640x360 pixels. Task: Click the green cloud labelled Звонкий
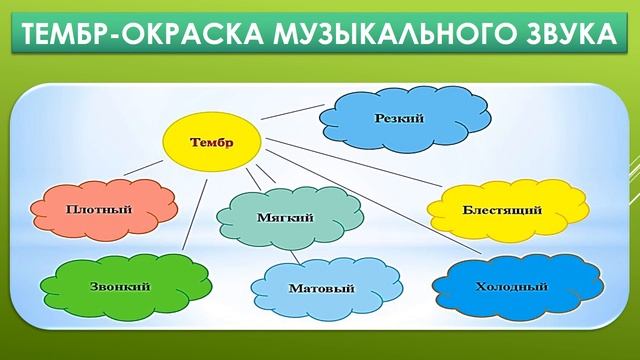pyautogui.click(x=122, y=287)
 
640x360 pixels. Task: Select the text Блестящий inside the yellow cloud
pyautogui.click(x=502, y=210)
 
